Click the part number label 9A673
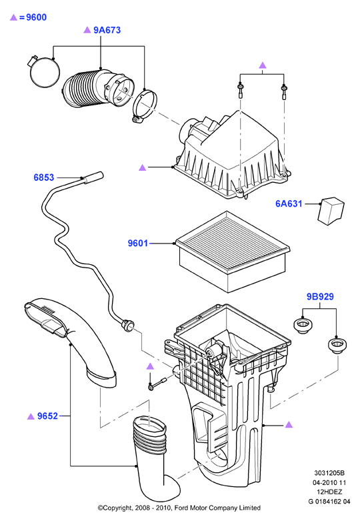click(107, 30)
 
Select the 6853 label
click(44, 177)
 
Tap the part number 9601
click(138, 243)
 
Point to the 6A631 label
click(289, 203)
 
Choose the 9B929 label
click(320, 296)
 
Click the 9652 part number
click(47, 416)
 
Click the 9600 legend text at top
click(36, 17)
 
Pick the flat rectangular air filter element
click(233, 251)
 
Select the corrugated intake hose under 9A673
click(96, 89)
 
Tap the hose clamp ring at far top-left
click(44, 70)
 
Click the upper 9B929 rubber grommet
click(303, 325)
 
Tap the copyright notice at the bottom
click(179, 508)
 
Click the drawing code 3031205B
click(329, 473)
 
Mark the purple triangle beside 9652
click(31, 416)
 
